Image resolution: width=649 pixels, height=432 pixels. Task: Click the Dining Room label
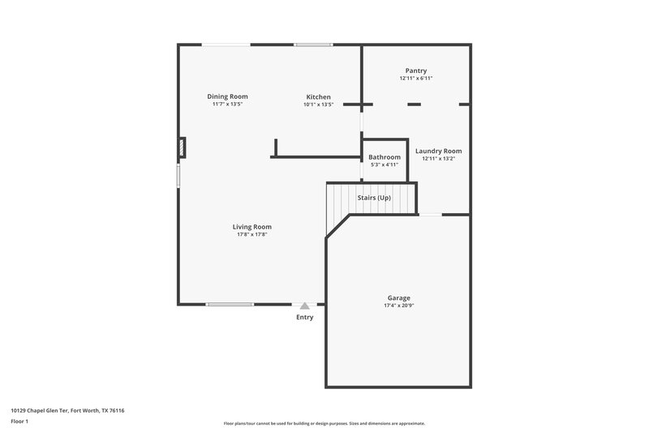pos(228,96)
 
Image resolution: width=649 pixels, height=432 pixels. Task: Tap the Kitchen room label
pos(318,96)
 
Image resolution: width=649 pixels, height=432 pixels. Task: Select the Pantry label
pos(416,71)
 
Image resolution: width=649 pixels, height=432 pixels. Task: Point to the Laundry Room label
pos(439,151)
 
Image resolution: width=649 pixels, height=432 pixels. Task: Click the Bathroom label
pos(385,156)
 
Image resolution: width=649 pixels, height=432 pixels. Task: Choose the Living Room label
pos(252,227)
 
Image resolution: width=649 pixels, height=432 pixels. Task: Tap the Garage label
pos(399,297)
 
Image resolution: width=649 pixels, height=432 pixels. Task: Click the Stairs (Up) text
pos(374,197)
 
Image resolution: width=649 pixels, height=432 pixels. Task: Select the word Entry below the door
pos(304,317)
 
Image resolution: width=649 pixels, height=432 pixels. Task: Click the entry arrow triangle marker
pos(304,306)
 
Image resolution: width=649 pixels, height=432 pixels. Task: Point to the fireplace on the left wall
pos(182,148)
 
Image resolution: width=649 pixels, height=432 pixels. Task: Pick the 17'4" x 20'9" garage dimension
pos(399,306)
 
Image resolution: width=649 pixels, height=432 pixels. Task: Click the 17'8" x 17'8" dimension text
pos(252,235)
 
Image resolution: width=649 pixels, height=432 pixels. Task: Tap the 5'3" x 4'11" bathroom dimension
pos(385,165)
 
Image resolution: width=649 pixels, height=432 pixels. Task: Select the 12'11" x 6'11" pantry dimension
pos(416,79)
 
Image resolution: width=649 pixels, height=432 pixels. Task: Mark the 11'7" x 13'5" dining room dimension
pos(228,105)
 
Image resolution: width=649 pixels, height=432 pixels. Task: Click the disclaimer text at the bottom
pos(324,423)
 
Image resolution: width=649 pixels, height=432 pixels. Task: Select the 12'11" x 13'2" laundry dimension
pos(439,159)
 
